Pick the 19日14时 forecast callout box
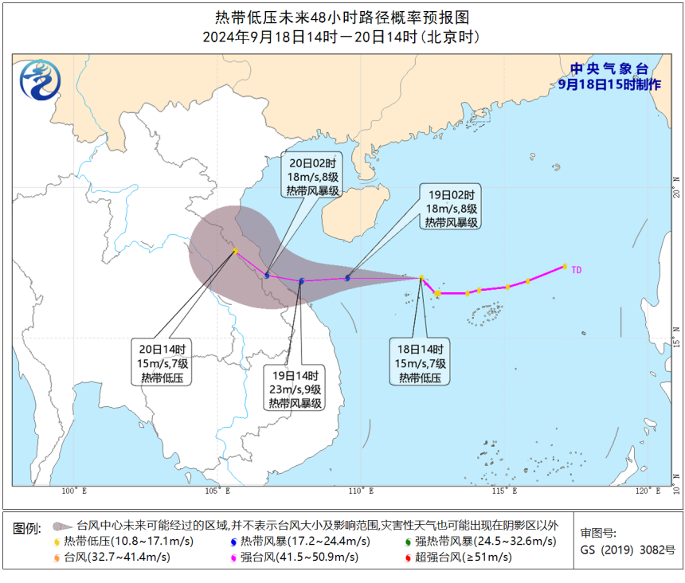point(295,389)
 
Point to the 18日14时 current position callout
point(420,363)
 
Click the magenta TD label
point(577,270)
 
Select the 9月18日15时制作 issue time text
point(609,84)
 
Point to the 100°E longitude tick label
point(73,491)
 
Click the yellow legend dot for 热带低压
point(57,542)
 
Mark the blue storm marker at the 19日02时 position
point(347,278)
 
